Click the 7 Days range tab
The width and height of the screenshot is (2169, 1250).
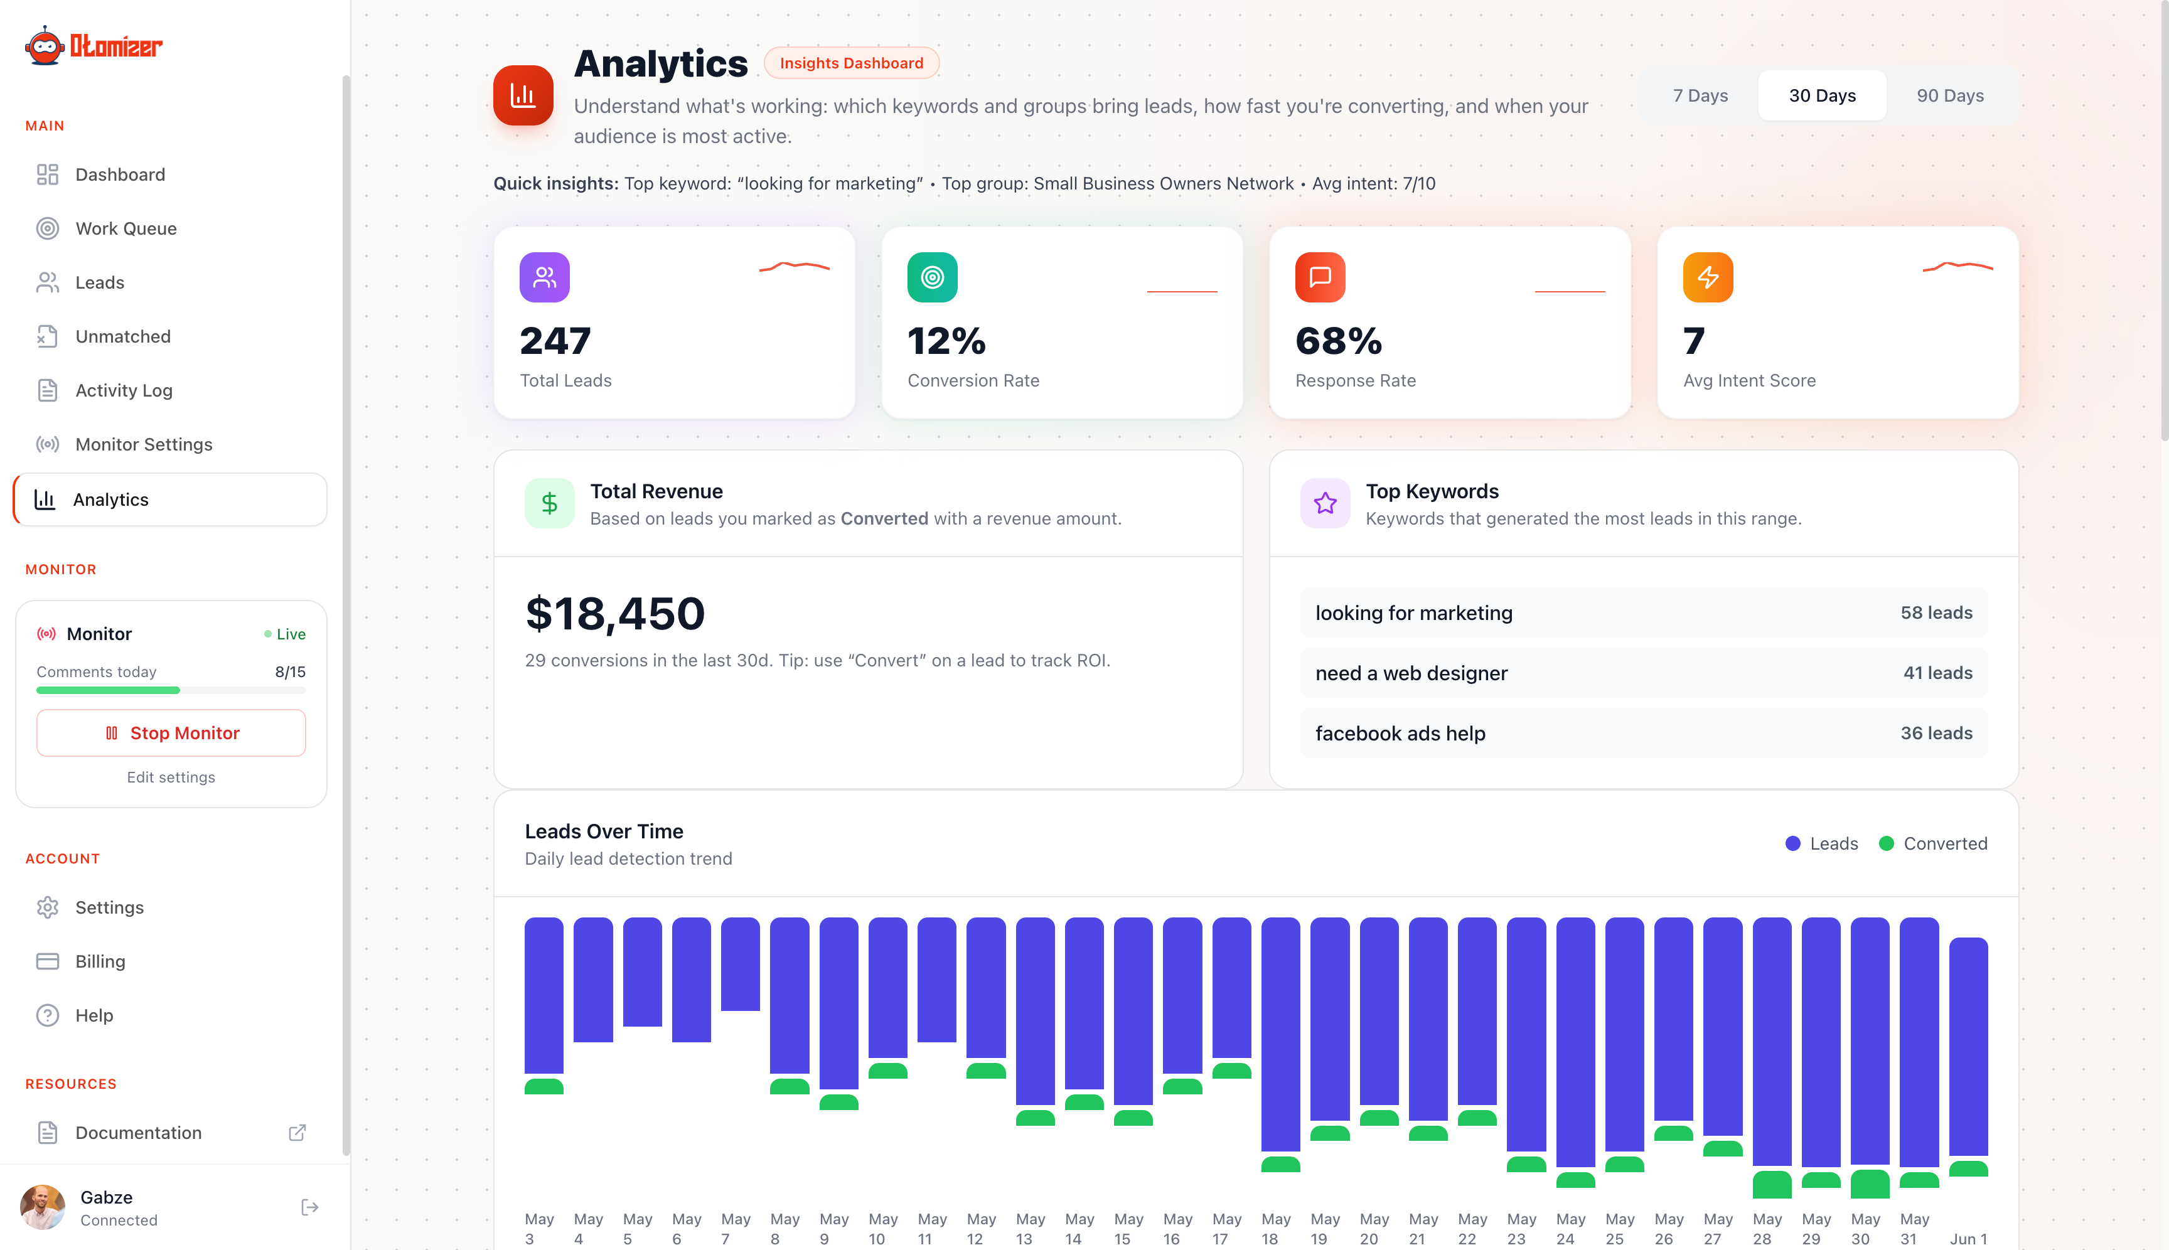coord(1700,95)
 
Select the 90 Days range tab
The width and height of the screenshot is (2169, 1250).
coord(1949,95)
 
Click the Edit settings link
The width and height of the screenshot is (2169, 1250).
coord(171,777)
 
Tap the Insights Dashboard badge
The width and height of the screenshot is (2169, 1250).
coord(851,63)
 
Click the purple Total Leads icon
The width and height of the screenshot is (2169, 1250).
coord(544,277)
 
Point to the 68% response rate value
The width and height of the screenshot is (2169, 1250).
coord(1339,341)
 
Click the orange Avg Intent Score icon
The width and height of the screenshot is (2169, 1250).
coord(1708,277)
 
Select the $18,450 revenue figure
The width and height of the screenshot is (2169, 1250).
coord(615,614)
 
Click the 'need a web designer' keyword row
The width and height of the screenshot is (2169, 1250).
coord(1644,673)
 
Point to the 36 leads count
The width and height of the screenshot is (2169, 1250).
coord(1936,733)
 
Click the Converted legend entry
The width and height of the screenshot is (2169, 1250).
coord(1933,844)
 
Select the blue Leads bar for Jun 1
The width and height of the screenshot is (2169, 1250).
coord(1968,1047)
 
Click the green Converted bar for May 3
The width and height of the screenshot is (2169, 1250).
coord(544,1087)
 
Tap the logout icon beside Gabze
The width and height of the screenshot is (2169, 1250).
coord(310,1208)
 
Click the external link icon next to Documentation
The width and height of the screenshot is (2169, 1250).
coord(297,1133)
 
